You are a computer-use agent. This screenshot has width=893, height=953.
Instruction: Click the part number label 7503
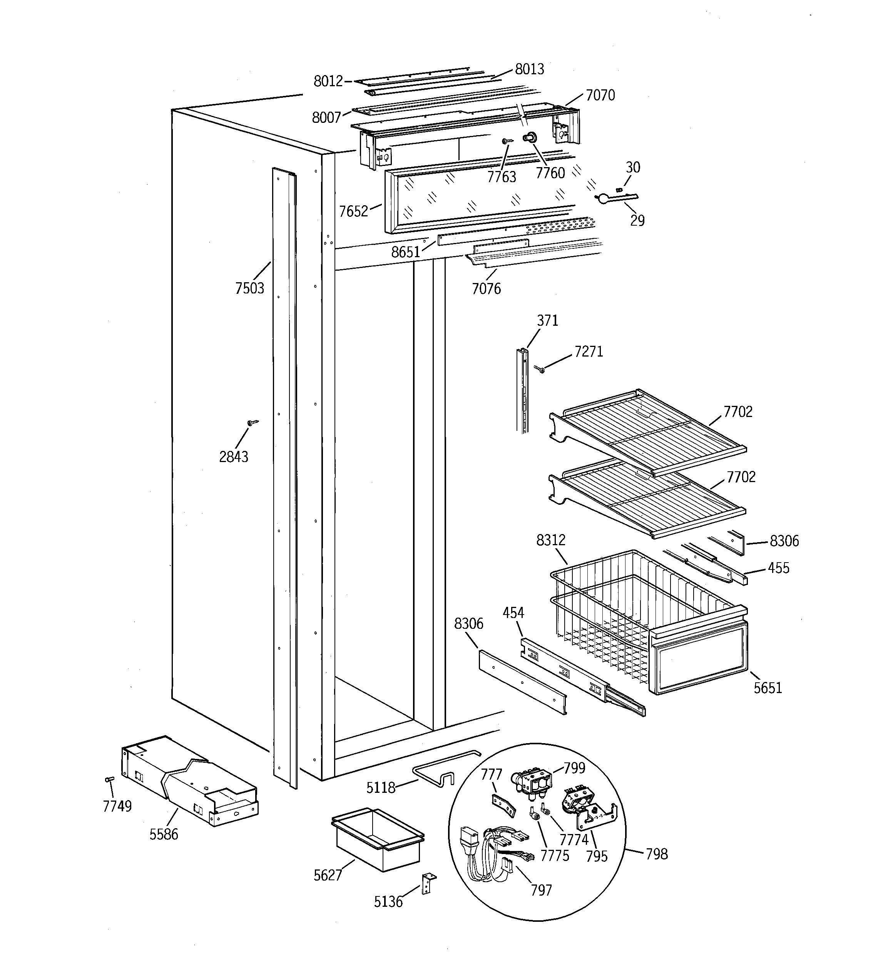[249, 288]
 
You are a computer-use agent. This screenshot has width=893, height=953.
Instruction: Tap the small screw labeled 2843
[253, 422]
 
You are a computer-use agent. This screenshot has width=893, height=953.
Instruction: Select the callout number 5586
[164, 834]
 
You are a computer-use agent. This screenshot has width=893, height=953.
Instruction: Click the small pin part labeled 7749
[109, 779]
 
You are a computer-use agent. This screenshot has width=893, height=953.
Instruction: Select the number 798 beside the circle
[656, 854]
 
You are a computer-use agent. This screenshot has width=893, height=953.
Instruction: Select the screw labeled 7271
[540, 368]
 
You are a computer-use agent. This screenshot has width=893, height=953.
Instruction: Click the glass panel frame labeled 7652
[479, 196]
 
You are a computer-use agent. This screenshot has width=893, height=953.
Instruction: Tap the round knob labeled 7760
[530, 138]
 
